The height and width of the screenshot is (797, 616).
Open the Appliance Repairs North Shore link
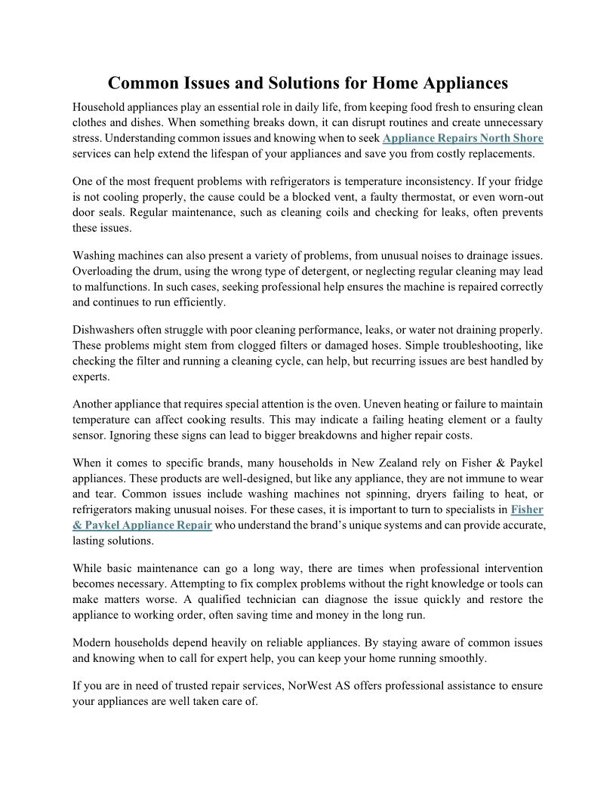tap(463, 138)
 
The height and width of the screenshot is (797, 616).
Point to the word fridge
tap(528, 182)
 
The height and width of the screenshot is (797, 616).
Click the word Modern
tap(92, 642)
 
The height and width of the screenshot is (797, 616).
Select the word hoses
tap(377, 345)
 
